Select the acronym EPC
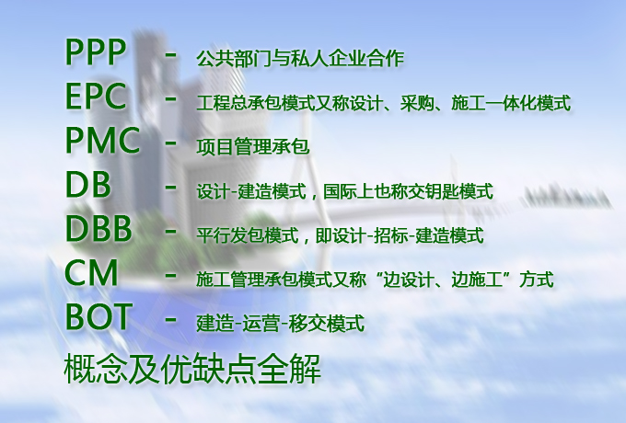tap(97, 97)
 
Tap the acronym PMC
tap(102, 141)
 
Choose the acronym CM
tap(91, 273)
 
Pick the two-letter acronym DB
tap(88, 185)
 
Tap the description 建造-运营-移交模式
tap(280, 324)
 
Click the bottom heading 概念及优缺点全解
tap(192, 370)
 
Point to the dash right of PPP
tap(170, 54)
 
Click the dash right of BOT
tap(170, 319)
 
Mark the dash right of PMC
tap(170, 143)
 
